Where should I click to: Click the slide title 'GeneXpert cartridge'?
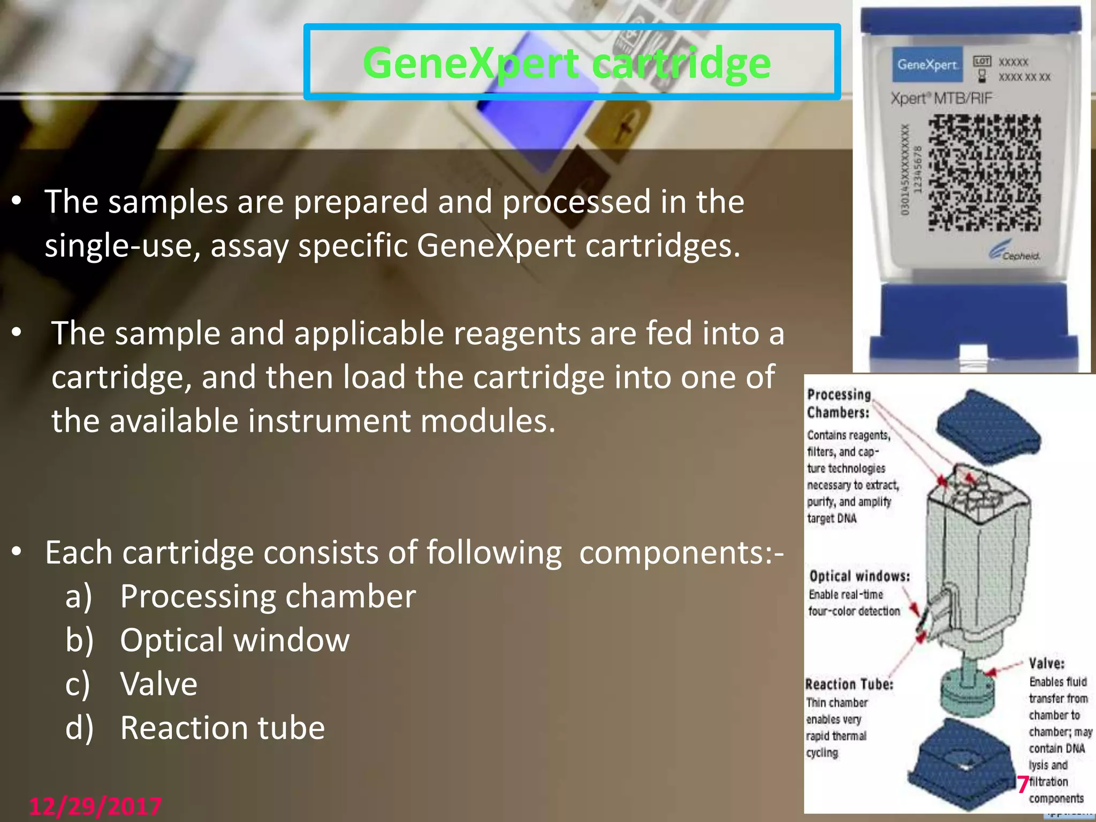tap(567, 63)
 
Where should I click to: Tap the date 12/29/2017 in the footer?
tap(95, 806)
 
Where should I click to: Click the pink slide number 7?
tap(1023, 785)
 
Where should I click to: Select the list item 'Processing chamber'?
tap(268, 596)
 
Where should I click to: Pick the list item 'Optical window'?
tap(234, 640)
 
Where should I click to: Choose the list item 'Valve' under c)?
tap(159, 684)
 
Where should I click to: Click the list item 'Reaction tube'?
tap(222, 728)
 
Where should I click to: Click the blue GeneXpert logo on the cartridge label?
tap(927, 65)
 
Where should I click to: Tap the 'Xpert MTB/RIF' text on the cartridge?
tap(941, 98)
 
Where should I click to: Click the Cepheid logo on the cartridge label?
tap(1014, 253)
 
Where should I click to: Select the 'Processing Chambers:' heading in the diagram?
tap(839, 404)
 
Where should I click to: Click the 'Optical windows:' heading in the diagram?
tap(859, 576)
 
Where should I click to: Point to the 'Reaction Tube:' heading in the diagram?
tap(849, 684)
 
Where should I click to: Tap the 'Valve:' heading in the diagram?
tap(1046, 664)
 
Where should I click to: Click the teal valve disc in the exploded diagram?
tap(969, 693)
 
